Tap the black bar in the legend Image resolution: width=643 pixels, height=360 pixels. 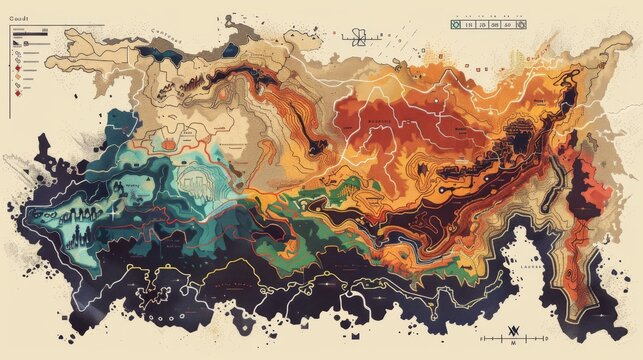click(29, 33)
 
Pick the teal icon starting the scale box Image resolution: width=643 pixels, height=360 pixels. click(456, 25)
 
